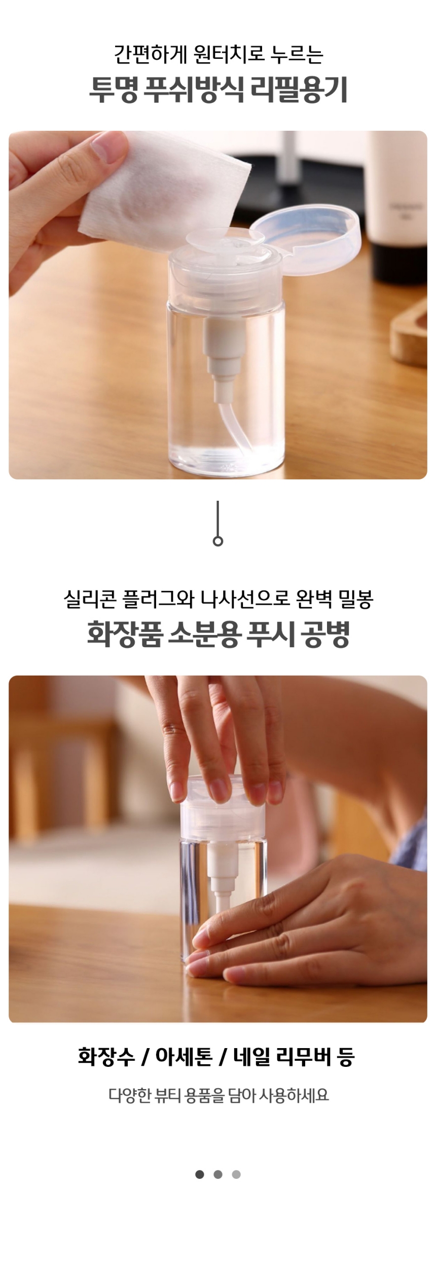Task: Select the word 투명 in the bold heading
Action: point(114,90)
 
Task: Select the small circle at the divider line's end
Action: point(218,541)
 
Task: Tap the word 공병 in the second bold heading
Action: point(325,634)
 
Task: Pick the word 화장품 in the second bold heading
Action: point(124,634)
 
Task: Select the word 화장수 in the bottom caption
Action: point(106,1057)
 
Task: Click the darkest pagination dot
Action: point(200,1174)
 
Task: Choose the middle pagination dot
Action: point(218,1174)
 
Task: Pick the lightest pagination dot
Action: point(236,1174)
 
